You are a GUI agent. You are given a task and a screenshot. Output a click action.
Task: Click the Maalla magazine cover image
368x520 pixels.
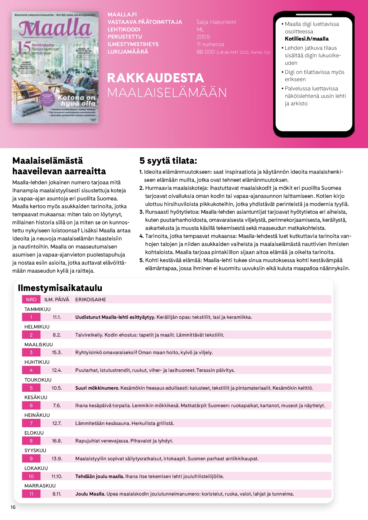pyautogui.click(x=55, y=67)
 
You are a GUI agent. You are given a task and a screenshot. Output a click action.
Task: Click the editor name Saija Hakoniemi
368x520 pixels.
pyautogui.click(x=216, y=22)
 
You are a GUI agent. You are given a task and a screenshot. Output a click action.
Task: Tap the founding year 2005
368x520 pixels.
pyautogui.click(x=203, y=37)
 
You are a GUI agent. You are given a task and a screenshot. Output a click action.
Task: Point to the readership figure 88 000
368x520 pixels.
pyautogui.click(x=206, y=52)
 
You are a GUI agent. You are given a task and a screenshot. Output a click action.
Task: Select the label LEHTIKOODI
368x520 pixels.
pyautogui.click(x=124, y=29)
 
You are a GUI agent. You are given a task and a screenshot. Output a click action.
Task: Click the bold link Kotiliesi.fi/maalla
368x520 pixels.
pyautogui.click(x=307, y=39)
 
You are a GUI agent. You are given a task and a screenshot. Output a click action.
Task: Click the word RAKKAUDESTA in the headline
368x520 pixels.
pyautogui.click(x=155, y=78)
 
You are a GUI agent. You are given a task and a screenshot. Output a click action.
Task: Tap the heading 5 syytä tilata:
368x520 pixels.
pyautogui.click(x=168, y=161)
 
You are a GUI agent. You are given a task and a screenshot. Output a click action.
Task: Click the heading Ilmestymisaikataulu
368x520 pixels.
pyautogui.click(x=60, y=288)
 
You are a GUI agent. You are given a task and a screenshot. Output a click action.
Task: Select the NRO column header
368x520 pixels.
pyautogui.click(x=31, y=300)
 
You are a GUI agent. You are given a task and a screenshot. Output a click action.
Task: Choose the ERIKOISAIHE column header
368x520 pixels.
pyautogui.click(x=90, y=300)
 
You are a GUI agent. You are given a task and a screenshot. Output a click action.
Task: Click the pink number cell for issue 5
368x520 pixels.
pyautogui.click(x=31, y=388)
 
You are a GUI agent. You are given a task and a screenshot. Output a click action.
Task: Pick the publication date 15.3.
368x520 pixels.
pyautogui.click(x=57, y=352)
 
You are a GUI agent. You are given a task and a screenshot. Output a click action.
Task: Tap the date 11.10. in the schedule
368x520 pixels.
pyautogui.click(x=57, y=476)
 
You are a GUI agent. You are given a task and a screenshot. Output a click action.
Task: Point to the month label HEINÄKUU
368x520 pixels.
pyautogui.click(x=37, y=415)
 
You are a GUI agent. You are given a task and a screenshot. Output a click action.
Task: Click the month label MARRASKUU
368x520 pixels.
pyautogui.click(x=40, y=486)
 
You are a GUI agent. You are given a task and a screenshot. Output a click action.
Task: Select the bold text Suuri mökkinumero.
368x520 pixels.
pyautogui.click(x=97, y=388)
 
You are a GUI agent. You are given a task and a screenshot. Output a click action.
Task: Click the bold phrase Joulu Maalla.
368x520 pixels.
pyautogui.click(x=90, y=494)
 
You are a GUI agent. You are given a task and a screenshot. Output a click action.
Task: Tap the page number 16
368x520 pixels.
pyautogui.click(x=13, y=507)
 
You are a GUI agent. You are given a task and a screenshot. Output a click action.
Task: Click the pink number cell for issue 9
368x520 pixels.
pyautogui.click(x=31, y=459)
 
